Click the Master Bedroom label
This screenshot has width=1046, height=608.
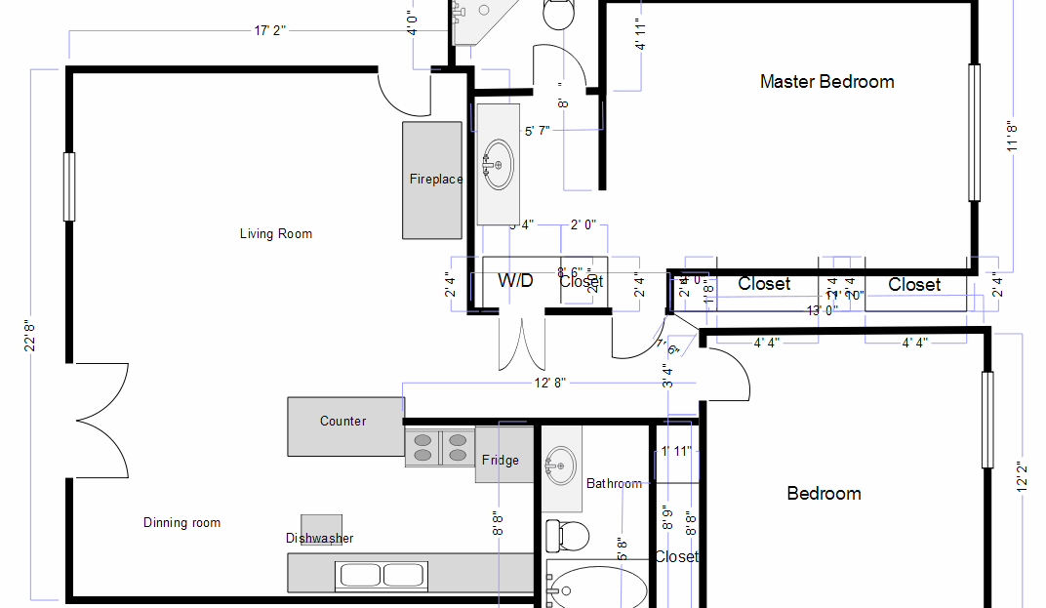[826, 82]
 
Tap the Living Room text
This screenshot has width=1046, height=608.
[276, 234]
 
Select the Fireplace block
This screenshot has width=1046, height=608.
[433, 180]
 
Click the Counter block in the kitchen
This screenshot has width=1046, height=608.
[344, 426]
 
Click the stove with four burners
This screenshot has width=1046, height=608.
[439, 446]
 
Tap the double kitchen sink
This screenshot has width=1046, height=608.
[382, 575]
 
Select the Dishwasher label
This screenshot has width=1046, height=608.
[319, 539]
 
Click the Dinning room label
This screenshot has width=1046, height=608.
[181, 523]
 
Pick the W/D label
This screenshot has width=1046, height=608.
[515, 281]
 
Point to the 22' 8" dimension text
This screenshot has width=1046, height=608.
[31, 332]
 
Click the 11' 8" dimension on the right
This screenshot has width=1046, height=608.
[1014, 136]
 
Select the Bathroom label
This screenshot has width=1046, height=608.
[614, 483]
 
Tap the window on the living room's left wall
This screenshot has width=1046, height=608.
[69, 185]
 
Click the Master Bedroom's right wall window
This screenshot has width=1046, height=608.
[973, 133]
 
